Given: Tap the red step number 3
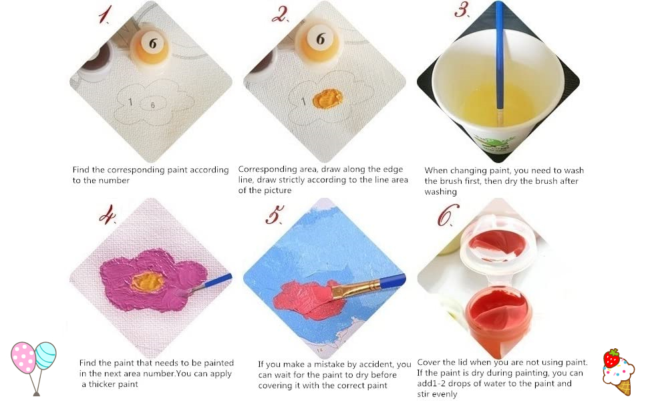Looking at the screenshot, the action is coord(462,10).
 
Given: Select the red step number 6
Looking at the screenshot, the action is coord(448,215).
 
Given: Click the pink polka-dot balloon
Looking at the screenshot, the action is coord(23,357).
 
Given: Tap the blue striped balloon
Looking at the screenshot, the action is coord(46,355).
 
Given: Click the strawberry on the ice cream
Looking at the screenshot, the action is coord(611,358).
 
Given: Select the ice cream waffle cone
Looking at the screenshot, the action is coord(624,387).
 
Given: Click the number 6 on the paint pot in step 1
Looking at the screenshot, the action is coord(153,43).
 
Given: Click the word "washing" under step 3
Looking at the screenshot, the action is coord(440,192).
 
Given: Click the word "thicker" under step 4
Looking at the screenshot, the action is coord(102,384).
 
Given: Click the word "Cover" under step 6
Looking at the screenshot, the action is coord(428,362).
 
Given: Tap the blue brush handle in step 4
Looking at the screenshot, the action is coord(217,281).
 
